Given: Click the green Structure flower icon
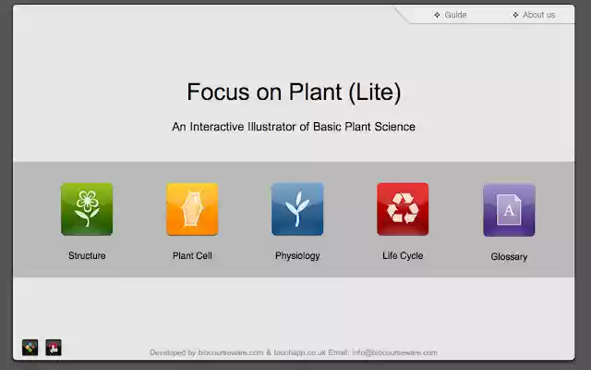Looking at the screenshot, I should point(87,208).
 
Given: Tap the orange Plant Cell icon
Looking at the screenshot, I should point(192,208).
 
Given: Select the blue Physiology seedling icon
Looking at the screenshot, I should point(297,208).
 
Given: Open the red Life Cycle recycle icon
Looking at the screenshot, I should point(403,208).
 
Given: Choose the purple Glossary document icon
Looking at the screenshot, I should point(509,209).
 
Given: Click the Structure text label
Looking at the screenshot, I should point(87,255).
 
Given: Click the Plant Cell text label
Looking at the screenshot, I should point(192,255).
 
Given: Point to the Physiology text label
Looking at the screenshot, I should point(297,255).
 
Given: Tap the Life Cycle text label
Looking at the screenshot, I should point(403,255).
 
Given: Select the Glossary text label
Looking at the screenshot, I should point(509,256).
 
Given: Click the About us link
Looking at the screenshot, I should point(538,15).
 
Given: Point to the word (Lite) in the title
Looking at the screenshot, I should point(375,92).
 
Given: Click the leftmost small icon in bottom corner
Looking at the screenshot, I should point(30,348).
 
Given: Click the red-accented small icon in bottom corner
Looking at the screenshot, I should point(54,348).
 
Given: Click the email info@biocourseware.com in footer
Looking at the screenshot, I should point(394,352).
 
